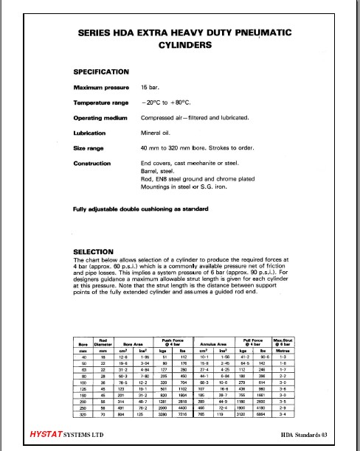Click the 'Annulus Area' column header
tap(219, 342)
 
